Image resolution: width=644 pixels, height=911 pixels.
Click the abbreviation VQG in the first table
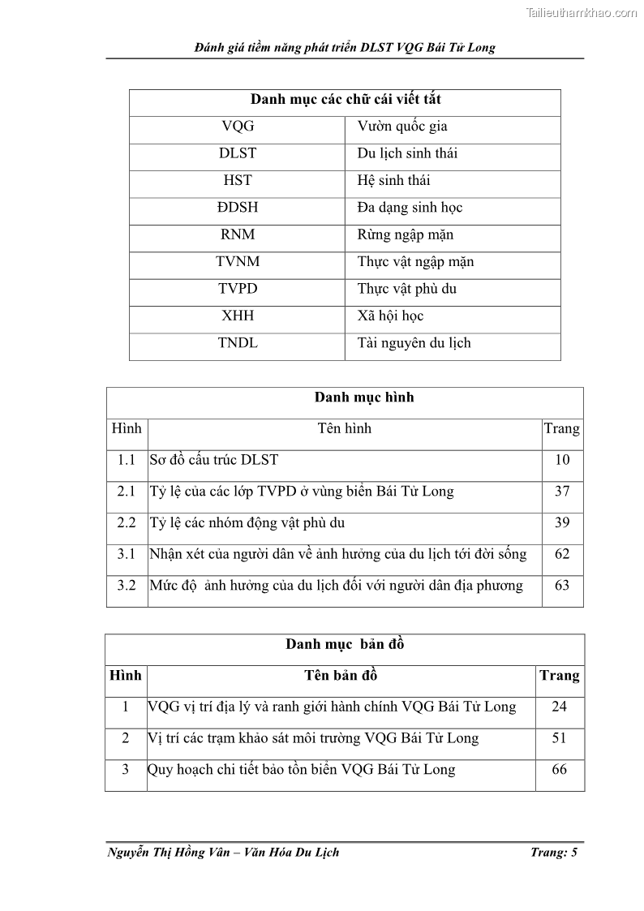coord(237,127)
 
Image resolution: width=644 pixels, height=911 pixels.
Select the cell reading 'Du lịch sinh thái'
coord(406,153)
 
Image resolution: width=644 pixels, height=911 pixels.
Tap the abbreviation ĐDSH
coord(237,208)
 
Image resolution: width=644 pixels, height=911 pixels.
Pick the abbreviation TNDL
coord(237,343)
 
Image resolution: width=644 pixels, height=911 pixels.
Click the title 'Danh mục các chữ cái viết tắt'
coord(345,100)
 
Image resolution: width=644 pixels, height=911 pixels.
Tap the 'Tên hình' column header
coord(344,428)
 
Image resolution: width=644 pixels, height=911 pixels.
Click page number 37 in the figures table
coord(561,492)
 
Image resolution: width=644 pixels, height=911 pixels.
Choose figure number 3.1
coord(126,554)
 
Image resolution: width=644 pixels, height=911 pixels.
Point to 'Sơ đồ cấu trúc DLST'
coord(213,460)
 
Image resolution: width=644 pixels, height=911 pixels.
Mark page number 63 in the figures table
coord(561,586)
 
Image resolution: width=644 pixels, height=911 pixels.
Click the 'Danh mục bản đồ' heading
coord(344,645)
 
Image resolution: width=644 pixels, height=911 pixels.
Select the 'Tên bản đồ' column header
coord(341,676)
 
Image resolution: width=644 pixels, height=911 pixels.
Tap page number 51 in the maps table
coord(559,738)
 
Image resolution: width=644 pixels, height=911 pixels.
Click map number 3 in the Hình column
coord(125,770)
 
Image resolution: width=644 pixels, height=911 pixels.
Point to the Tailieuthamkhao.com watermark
coord(581,12)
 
